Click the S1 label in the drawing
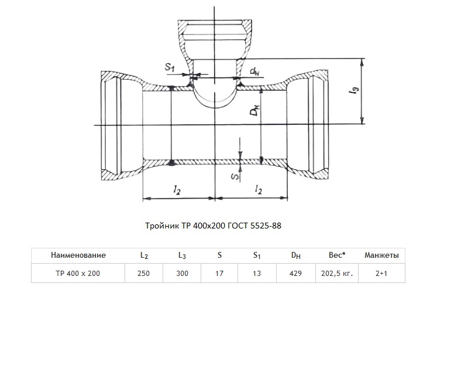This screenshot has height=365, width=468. (170, 67)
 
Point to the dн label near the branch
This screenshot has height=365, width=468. (254, 71)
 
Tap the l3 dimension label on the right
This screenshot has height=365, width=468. (355, 90)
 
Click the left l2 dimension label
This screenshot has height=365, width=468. (177, 190)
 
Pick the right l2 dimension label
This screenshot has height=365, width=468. (259, 189)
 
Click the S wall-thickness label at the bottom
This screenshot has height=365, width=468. (236, 177)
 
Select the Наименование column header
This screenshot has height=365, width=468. (78, 255)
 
